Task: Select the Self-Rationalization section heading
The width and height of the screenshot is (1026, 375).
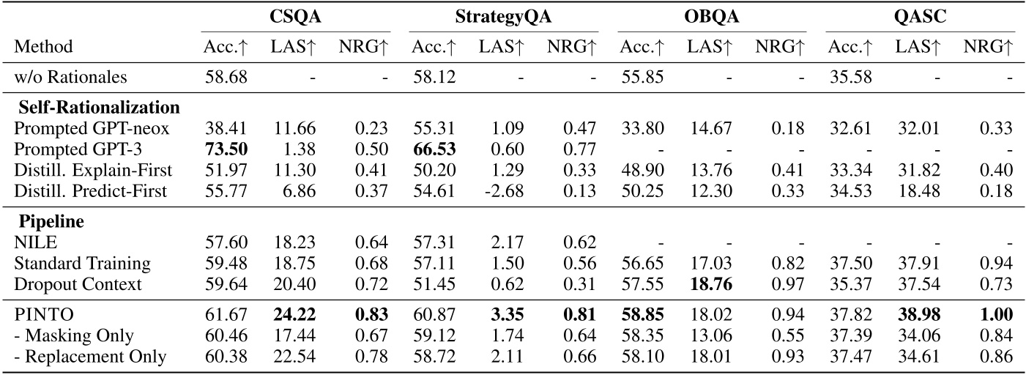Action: pyautogui.click(x=100, y=108)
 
